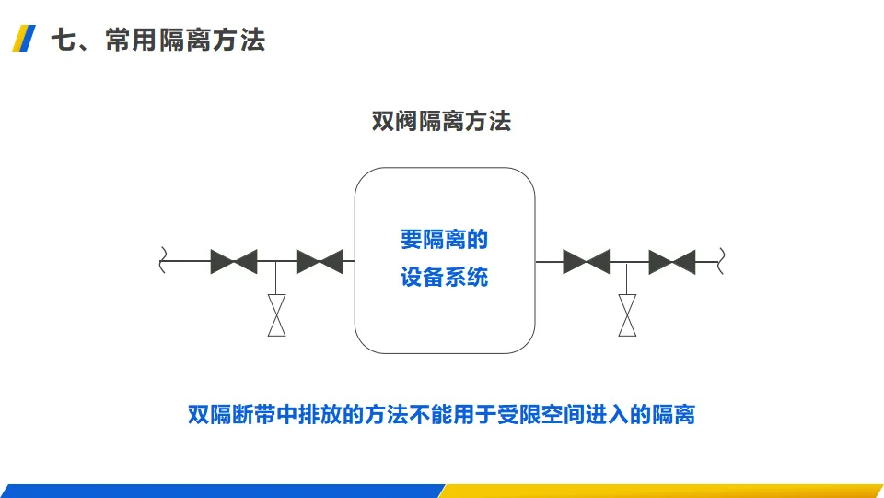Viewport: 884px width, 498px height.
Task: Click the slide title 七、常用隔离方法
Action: pos(157,41)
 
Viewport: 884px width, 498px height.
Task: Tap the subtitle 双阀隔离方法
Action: pos(441,121)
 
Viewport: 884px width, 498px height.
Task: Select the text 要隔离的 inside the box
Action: pos(444,241)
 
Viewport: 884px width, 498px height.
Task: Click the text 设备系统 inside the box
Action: pos(444,277)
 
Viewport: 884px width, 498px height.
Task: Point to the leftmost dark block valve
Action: pos(233,262)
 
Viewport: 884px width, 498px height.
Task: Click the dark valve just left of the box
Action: pos(320,262)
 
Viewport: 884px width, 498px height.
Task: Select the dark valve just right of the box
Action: pos(586,262)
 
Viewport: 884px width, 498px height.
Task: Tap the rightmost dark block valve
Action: pos(671,262)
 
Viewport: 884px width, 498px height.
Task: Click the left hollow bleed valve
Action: pos(276,315)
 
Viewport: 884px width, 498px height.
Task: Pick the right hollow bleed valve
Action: pos(627,315)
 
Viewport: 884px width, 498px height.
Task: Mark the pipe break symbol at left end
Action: pos(164,261)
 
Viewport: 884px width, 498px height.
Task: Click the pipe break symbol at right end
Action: pos(722,261)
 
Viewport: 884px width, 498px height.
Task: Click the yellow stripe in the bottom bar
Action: pos(663,491)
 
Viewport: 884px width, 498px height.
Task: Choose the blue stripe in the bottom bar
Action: pos(221,491)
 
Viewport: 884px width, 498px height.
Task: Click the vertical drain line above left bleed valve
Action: pos(276,279)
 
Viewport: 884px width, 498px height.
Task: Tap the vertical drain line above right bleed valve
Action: pos(627,279)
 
